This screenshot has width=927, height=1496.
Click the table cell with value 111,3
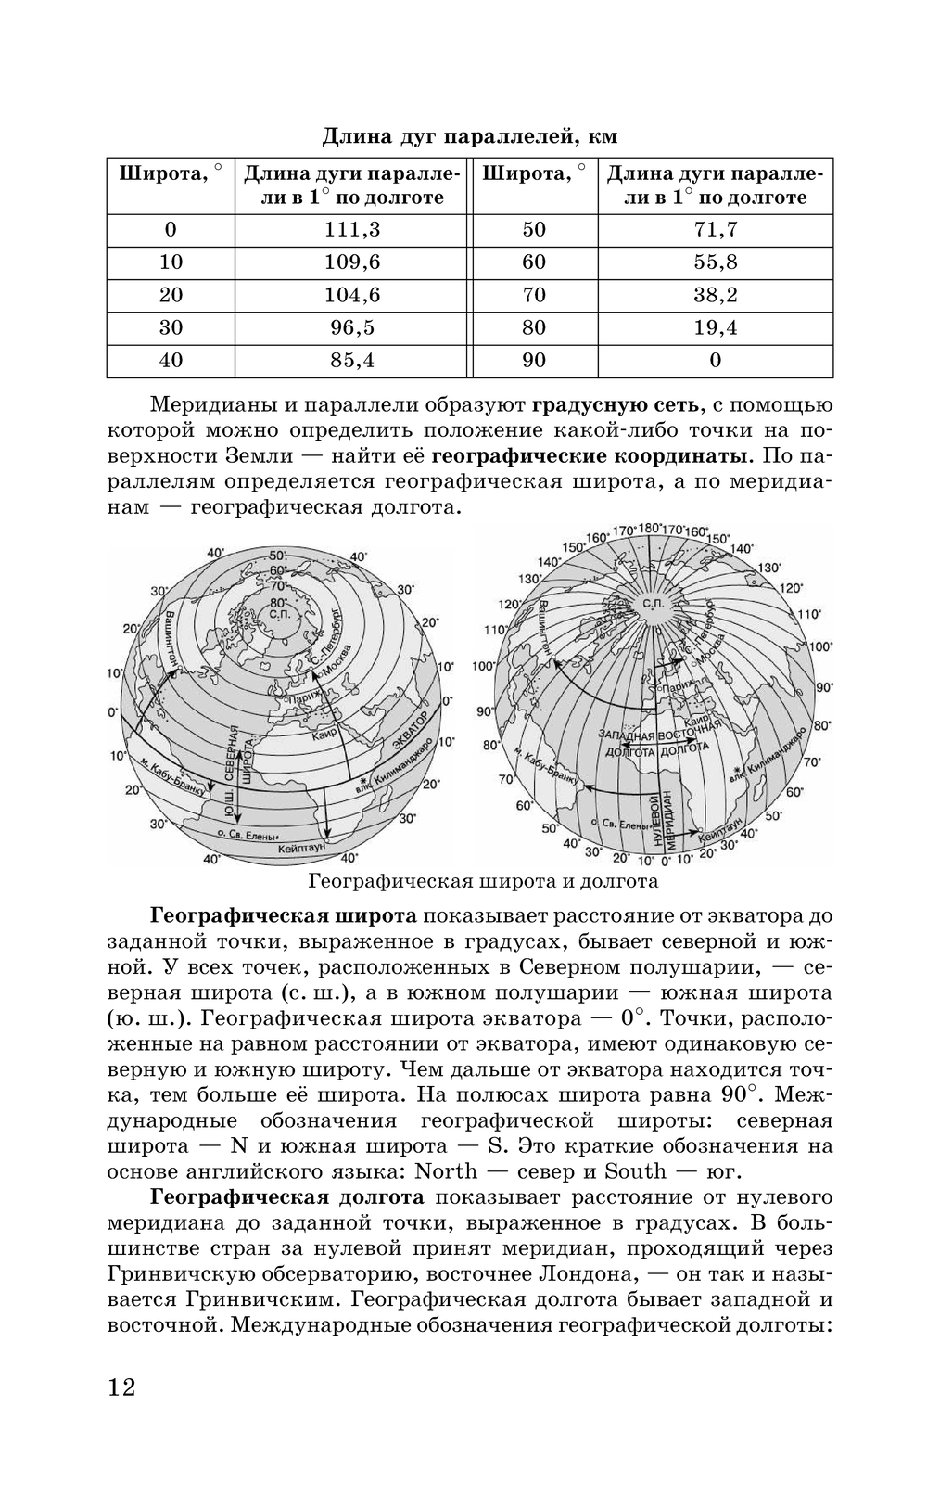coord(352,229)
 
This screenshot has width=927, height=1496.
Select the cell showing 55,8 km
coord(715,262)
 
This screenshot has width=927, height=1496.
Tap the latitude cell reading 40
coord(171,360)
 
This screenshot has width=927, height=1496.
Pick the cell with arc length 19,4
coord(715,327)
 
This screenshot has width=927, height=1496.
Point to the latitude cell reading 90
coord(534,360)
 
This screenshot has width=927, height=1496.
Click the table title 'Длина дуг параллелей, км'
coord(469,136)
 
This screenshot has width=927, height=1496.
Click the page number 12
coord(121,1387)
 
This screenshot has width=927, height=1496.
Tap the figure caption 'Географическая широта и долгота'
coord(483,880)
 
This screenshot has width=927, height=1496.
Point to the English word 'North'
coord(446,1170)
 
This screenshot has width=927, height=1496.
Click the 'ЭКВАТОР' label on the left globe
coord(409,732)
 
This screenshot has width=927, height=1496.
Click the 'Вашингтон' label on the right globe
coord(545,630)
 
